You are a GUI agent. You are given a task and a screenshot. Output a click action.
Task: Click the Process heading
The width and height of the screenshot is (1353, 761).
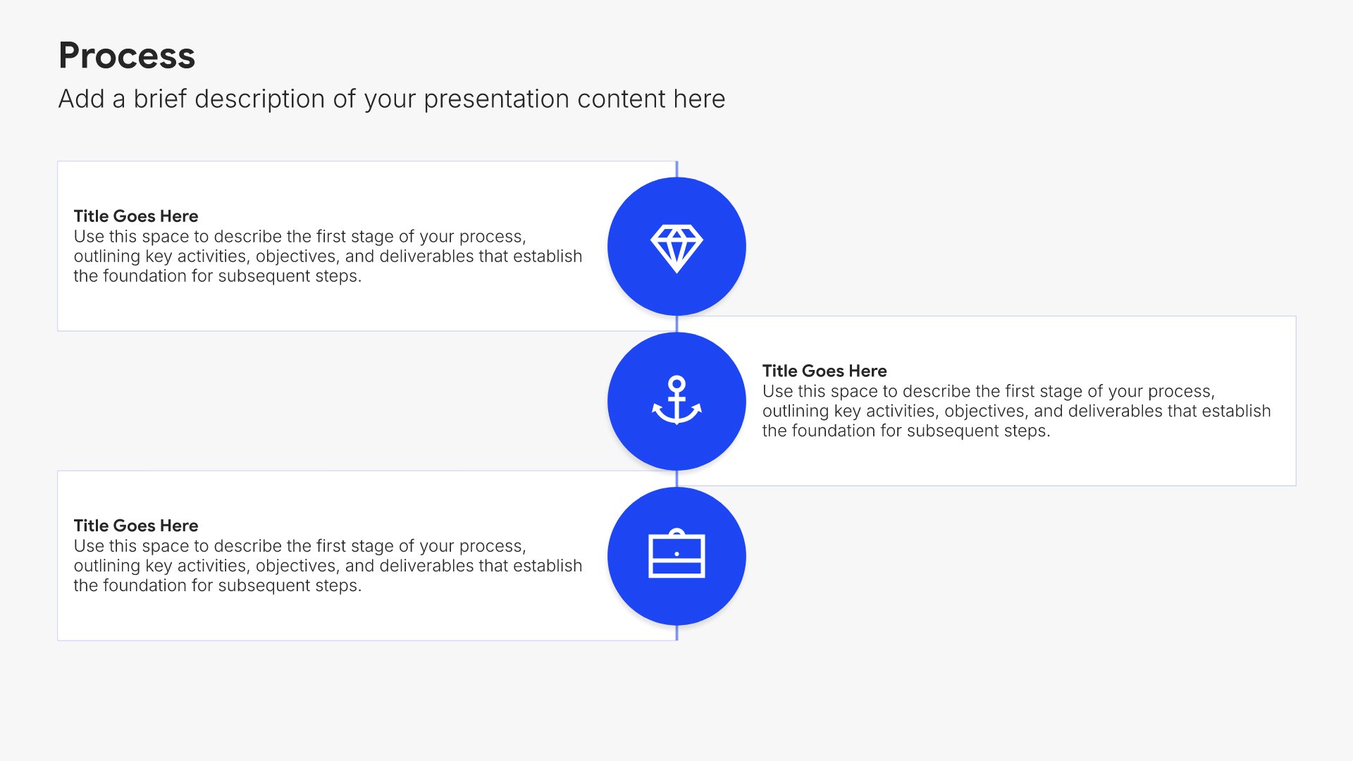coord(127,56)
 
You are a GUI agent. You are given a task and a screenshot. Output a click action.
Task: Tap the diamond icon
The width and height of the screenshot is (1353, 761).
coord(676,249)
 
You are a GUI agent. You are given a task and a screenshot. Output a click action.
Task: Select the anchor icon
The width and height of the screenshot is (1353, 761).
coord(676,400)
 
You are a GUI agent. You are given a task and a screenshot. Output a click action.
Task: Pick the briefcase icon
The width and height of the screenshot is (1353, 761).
coord(676,553)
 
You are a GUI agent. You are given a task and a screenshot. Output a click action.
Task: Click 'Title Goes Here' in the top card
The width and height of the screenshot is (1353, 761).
coord(136,216)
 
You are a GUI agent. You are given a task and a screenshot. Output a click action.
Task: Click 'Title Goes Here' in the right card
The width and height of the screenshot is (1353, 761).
coord(824,371)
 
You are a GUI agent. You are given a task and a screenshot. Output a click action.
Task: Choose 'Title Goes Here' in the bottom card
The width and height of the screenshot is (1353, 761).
coord(136,526)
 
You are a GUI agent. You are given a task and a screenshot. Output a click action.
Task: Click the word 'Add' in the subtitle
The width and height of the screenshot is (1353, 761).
coord(81,99)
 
